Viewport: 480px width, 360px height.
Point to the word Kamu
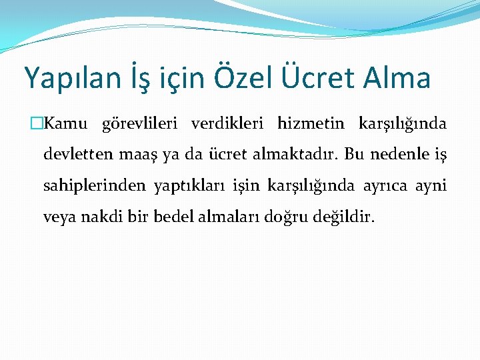coord(62,124)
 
